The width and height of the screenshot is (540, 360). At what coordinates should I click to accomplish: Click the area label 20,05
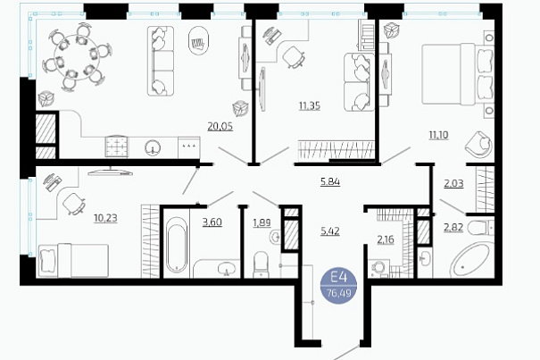point(220,127)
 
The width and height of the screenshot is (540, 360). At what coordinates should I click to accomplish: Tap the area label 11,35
point(310,105)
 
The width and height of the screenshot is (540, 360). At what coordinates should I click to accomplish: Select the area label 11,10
point(438,135)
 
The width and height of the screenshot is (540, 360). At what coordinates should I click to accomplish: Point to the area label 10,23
point(105,218)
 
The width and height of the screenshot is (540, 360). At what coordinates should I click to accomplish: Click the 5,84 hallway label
point(330,181)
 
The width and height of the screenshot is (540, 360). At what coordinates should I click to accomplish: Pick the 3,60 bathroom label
point(212,222)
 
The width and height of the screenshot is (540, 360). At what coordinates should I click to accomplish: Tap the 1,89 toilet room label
point(262,222)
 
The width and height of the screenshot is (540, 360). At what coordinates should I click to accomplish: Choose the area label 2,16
point(386,239)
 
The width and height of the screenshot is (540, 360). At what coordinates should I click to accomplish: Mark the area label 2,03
point(453,183)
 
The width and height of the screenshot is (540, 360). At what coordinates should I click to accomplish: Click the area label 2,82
point(453,228)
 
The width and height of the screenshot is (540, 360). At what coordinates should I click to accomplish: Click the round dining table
point(77,57)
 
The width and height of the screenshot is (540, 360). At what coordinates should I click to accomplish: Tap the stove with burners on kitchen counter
point(117,147)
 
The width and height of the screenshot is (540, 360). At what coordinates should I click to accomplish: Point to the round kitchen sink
point(153,147)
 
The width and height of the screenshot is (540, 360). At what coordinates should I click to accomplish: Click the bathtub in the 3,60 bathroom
point(177,247)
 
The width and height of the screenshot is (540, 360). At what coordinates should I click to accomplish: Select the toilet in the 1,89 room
point(261,264)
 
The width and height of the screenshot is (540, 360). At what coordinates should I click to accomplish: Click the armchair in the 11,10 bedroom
point(478,145)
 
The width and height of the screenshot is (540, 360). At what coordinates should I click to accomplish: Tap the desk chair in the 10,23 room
point(74,204)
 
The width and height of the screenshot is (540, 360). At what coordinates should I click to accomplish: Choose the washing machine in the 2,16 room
point(378,269)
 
